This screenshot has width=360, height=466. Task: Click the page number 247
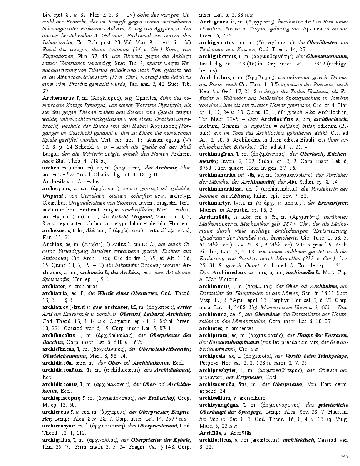coord(345,456)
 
